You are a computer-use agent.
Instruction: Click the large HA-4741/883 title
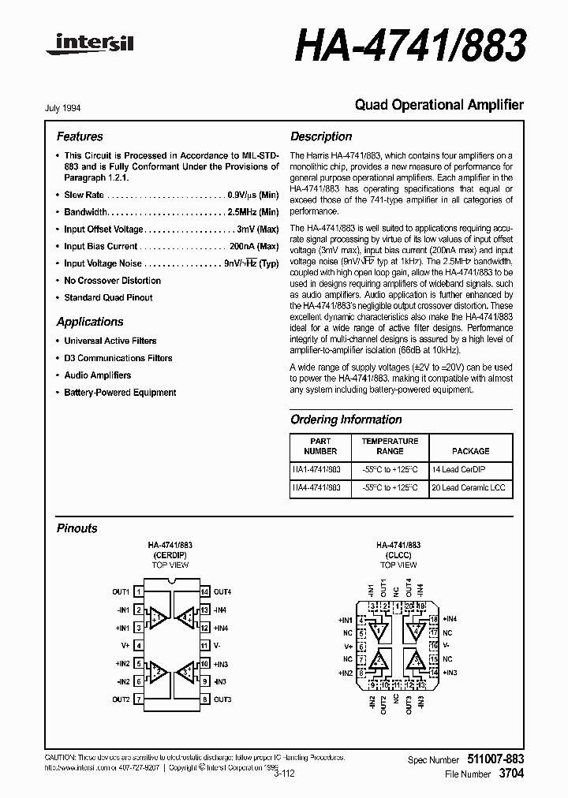[x=410, y=47]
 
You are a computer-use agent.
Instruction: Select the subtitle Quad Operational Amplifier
[x=439, y=105]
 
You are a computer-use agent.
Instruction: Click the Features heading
[x=80, y=136]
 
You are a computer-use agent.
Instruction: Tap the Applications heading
[x=90, y=322]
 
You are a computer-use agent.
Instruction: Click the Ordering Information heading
[x=346, y=420]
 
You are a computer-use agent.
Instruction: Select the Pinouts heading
[x=77, y=528]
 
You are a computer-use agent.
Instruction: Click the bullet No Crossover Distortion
[x=112, y=281]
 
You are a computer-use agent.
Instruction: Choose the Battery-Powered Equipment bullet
[x=120, y=393]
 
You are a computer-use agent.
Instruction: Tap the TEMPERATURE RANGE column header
[x=390, y=446]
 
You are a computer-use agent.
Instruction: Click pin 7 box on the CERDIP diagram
[x=138, y=699]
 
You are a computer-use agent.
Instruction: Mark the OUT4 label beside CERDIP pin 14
[x=222, y=591]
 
